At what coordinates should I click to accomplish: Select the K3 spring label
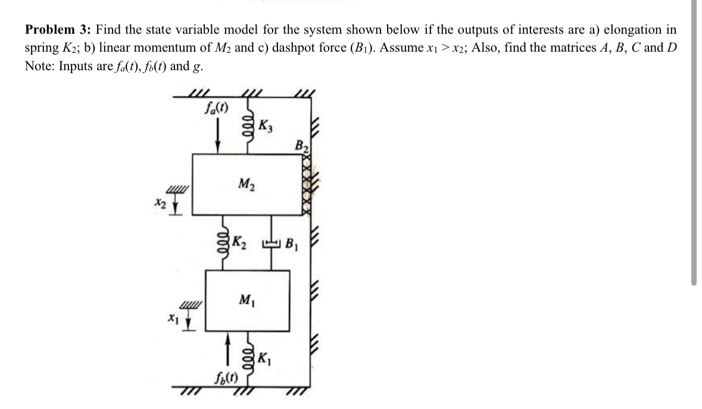click(x=266, y=126)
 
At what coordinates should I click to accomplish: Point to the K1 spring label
click(x=266, y=361)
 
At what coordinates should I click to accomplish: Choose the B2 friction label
click(x=302, y=145)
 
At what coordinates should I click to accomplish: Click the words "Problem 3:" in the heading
click(x=57, y=30)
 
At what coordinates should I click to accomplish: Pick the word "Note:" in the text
click(x=39, y=65)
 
